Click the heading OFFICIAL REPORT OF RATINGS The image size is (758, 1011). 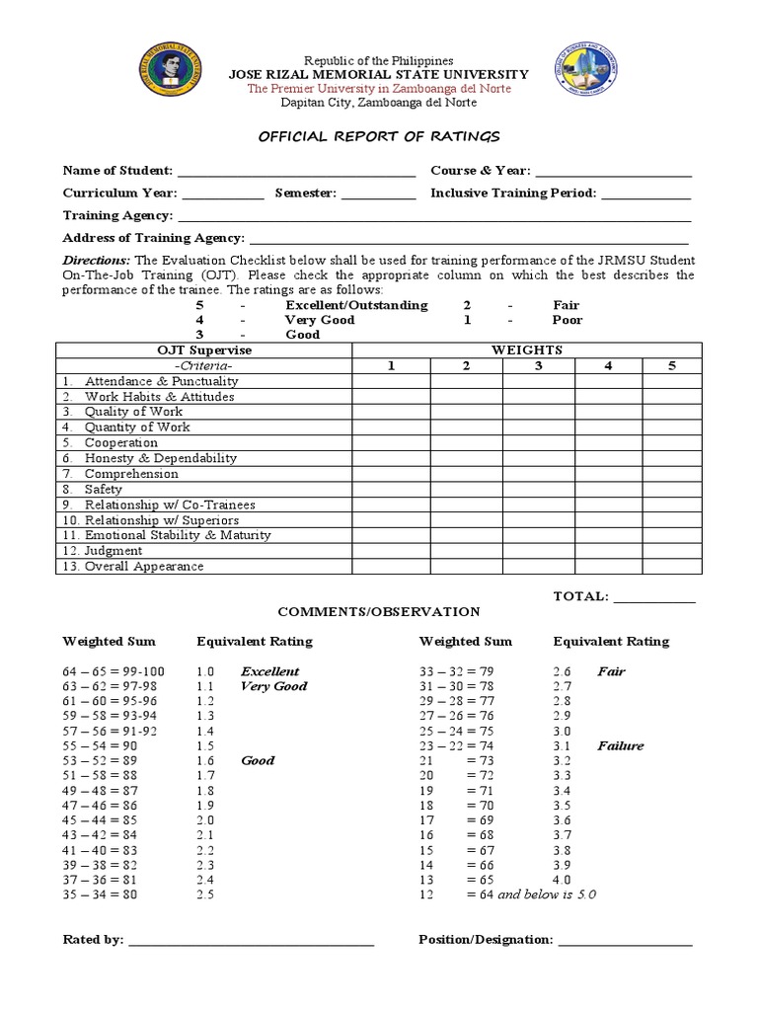click(379, 135)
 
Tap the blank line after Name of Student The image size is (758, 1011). click(296, 172)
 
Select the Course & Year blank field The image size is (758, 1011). click(613, 172)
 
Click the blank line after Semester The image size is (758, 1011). click(379, 194)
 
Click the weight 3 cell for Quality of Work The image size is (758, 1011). click(539, 412)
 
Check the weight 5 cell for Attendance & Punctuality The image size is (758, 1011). click(672, 381)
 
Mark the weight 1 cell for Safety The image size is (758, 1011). click(391, 489)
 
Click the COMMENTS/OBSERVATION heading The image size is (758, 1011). click(379, 612)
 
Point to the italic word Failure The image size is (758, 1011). click(620, 746)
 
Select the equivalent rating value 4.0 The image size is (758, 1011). click(562, 880)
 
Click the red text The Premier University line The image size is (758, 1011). click(379, 88)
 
